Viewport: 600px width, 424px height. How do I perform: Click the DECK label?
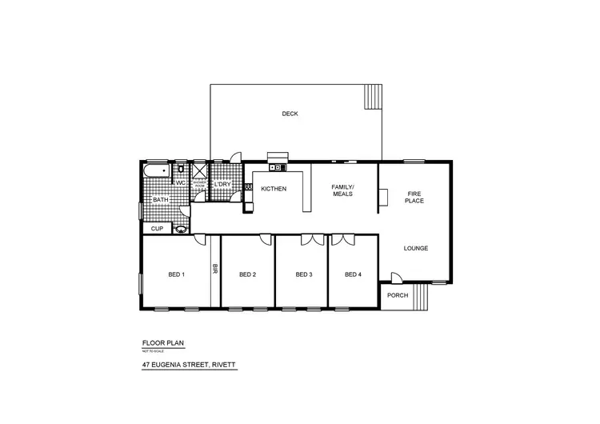point(290,114)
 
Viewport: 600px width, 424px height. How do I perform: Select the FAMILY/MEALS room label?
point(342,190)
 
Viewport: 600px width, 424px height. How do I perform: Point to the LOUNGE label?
point(415,249)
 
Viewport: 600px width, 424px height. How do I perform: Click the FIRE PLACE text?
point(414,197)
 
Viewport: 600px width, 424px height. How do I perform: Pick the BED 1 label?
point(177,275)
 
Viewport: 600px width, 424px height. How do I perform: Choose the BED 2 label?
point(247,275)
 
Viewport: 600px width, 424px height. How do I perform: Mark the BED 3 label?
point(303,275)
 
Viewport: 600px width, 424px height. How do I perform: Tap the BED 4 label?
point(353,275)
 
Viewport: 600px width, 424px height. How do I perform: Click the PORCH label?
point(397,295)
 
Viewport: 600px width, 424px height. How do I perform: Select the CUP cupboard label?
point(157,229)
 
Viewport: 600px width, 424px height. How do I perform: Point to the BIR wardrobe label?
point(214,271)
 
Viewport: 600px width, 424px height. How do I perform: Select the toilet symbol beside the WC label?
point(182,170)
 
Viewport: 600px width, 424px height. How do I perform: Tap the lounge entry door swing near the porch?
point(395,277)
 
